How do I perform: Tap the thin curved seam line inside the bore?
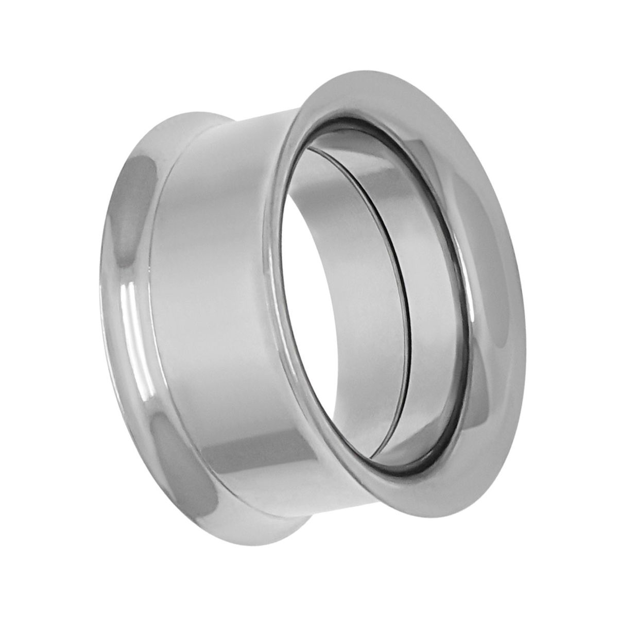click(399, 288)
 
